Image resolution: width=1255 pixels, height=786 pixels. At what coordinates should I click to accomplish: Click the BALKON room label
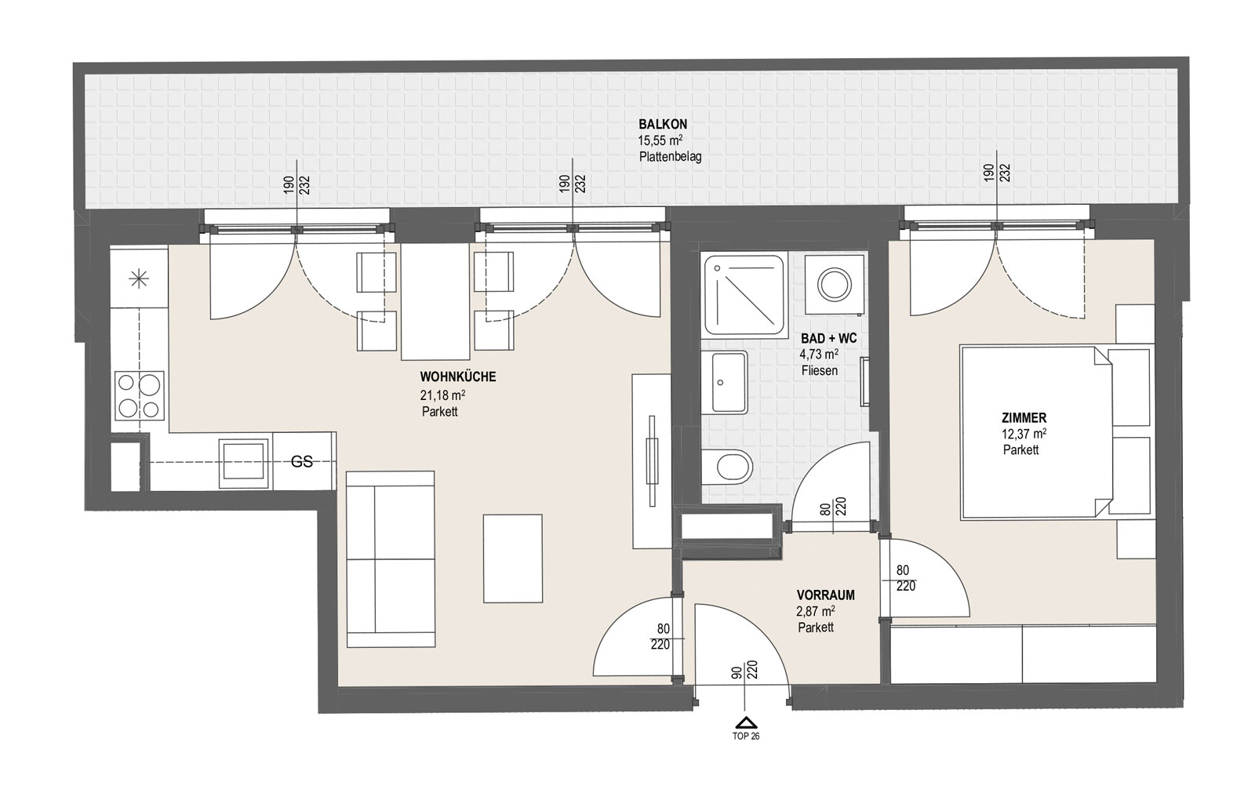tap(663, 125)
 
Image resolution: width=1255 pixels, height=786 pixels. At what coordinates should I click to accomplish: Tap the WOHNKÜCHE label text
tap(458, 377)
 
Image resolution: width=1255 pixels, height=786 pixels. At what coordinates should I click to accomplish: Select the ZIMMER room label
tap(1024, 417)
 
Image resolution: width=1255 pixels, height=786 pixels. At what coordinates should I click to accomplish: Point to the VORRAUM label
tap(825, 595)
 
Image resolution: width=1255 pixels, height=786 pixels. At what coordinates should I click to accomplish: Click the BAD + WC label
tap(828, 338)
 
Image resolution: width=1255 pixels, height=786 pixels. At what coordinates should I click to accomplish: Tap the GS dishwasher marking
tap(301, 461)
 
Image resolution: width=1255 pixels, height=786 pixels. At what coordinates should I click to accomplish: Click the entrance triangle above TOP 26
tap(746, 722)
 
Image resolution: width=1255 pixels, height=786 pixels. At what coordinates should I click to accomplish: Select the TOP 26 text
tap(746, 736)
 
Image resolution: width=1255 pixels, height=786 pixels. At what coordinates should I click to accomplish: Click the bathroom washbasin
tap(725, 383)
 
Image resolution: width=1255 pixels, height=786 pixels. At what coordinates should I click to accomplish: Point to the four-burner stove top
tap(140, 395)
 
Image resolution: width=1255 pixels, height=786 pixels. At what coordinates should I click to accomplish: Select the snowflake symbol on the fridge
tap(139, 279)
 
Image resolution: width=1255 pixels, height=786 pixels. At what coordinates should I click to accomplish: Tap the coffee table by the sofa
tap(513, 559)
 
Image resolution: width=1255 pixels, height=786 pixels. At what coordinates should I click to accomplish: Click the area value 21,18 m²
tap(442, 395)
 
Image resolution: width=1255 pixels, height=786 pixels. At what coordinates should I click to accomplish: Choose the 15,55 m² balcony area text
tap(660, 140)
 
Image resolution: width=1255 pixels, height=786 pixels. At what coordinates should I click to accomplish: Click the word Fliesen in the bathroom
tap(820, 370)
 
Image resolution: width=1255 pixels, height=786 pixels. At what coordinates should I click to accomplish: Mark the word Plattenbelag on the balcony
tap(670, 157)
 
